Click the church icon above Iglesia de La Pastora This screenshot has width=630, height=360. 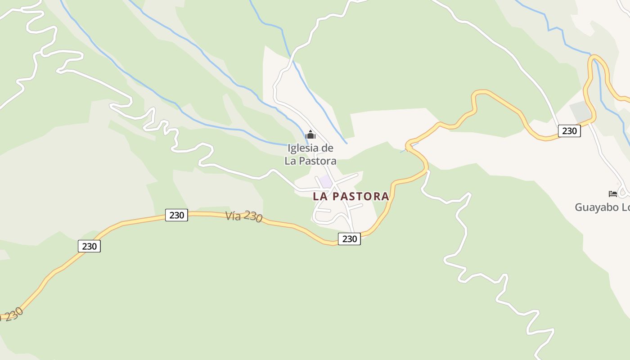pos(310,135)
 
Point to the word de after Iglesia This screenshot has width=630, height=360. pos(328,148)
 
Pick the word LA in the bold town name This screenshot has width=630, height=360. pos(320,196)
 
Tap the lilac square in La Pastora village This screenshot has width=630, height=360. pos(326,182)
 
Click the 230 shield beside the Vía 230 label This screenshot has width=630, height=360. pos(176,215)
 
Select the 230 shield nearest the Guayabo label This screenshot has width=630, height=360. pos(569,131)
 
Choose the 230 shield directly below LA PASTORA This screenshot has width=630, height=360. pos(349,239)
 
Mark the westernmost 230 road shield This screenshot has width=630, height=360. pos(89,246)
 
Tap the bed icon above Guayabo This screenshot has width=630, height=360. pos(612,194)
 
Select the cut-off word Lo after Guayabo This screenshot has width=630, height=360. pos(625,207)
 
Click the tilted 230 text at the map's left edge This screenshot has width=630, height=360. pos(13,314)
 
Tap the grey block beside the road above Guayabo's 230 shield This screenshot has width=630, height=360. pos(580,111)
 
